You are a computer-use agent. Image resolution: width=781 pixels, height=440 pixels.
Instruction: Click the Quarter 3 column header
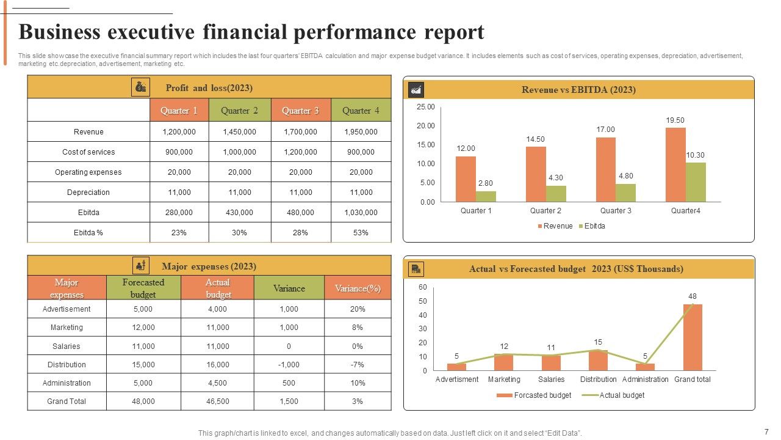pyautogui.click(x=300, y=111)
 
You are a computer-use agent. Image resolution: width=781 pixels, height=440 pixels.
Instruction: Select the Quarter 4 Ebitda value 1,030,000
pyautogui.click(x=361, y=213)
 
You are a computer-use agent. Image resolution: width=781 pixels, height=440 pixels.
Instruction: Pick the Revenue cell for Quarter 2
pyautogui.click(x=239, y=131)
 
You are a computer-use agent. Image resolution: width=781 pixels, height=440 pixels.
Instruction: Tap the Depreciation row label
pyautogui.click(x=88, y=192)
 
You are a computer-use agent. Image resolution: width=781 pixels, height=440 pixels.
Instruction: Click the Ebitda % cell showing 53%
pyautogui.click(x=361, y=232)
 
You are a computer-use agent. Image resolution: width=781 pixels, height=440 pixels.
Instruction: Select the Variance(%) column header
pyautogui.click(x=358, y=288)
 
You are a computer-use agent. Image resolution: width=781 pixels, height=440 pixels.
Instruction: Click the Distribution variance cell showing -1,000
pyautogui.click(x=289, y=364)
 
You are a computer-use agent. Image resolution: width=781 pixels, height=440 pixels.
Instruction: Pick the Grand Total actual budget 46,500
pyautogui.click(x=218, y=402)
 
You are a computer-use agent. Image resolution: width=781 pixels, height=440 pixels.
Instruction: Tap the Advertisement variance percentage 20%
pyautogui.click(x=358, y=309)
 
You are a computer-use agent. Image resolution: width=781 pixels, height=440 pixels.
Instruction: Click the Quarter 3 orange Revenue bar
pyautogui.click(x=605, y=169)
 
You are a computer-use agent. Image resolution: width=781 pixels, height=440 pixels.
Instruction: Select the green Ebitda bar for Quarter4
pyautogui.click(x=696, y=182)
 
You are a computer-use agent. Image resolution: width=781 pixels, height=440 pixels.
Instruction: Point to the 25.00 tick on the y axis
pyautogui.click(x=426, y=107)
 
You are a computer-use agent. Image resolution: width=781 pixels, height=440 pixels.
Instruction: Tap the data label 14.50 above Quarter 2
pyautogui.click(x=536, y=139)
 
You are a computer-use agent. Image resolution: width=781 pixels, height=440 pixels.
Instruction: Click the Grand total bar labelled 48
pyautogui.click(x=693, y=337)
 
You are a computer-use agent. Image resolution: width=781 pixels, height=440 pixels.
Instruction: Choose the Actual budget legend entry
pyautogui.click(x=621, y=395)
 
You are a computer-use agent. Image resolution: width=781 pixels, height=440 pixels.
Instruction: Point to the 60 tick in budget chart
pyautogui.click(x=423, y=287)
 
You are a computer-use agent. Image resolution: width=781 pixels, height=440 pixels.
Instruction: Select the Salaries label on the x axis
pyautogui.click(x=551, y=380)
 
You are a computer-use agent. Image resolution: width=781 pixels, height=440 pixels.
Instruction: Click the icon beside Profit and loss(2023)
pyautogui.click(x=141, y=87)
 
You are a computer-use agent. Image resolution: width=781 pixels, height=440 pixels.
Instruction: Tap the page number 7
pyautogui.click(x=766, y=431)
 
